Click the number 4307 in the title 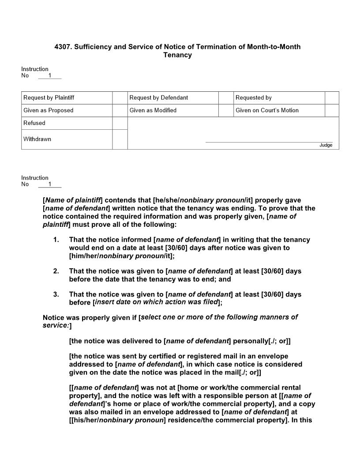(63, 47)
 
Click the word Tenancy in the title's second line (177, 55)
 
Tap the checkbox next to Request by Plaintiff (120, 98)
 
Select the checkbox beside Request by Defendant (226, 98)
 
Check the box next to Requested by (332, 98)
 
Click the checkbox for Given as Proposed (120, 110)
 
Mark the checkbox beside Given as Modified (226, 110)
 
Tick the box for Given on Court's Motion (332, 110)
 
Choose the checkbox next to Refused (120, 123)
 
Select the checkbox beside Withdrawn (120, 139)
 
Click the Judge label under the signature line (326, 145)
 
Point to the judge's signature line (269, 142)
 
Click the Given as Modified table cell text (153, 110)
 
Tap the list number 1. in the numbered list (56, 240)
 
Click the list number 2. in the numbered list (56, 271)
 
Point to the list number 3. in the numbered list (56, 294)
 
